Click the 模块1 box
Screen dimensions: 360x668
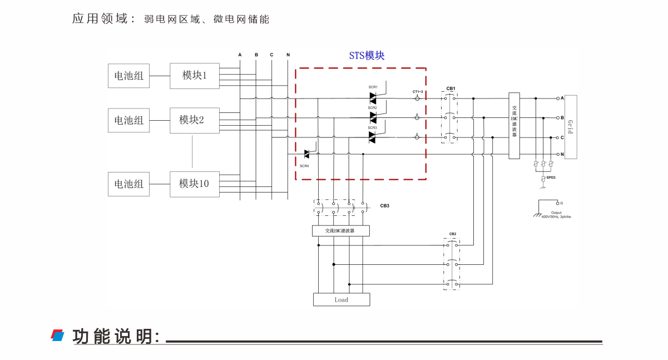pyautogui.click(x=195, y=76)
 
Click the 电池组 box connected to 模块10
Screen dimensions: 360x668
pyautogui.click(x=129, y=184)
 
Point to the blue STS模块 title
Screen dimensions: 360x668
pyautogui.click(x=367, y=56)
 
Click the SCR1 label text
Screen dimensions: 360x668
pyautogui.click(x=373, y=87)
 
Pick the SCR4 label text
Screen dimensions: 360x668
pyautogui.click(x=304, y=166)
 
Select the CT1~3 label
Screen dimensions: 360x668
pyautogui.click(x=418, y=91)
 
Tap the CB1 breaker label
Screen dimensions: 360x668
pyautogui.click(x=451, y=88)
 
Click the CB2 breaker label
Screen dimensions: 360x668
pyautogui.click(x=453, y=234)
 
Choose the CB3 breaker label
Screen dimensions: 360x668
pyautogui.click(x=384, y=206)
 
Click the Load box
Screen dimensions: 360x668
pyautogui.click(x=342, y=300)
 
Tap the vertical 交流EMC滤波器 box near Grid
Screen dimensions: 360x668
pyautogui.click(x=514, y=126)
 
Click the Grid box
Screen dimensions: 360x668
pyautogui.click(x=571, y=127)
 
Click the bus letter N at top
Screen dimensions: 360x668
pyautogui.click(x=288, y=55)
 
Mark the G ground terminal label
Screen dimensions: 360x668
pyautogui.click(x=561, y=203)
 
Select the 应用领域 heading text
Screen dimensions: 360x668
pyautogui.click(x=103, y=19)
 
